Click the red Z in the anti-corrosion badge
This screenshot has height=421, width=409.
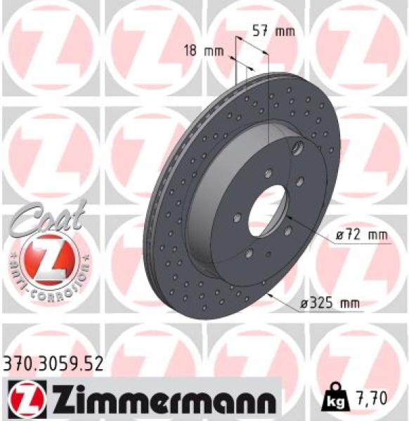[x=44, y=258]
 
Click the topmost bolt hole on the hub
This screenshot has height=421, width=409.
[x=269, y=173]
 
